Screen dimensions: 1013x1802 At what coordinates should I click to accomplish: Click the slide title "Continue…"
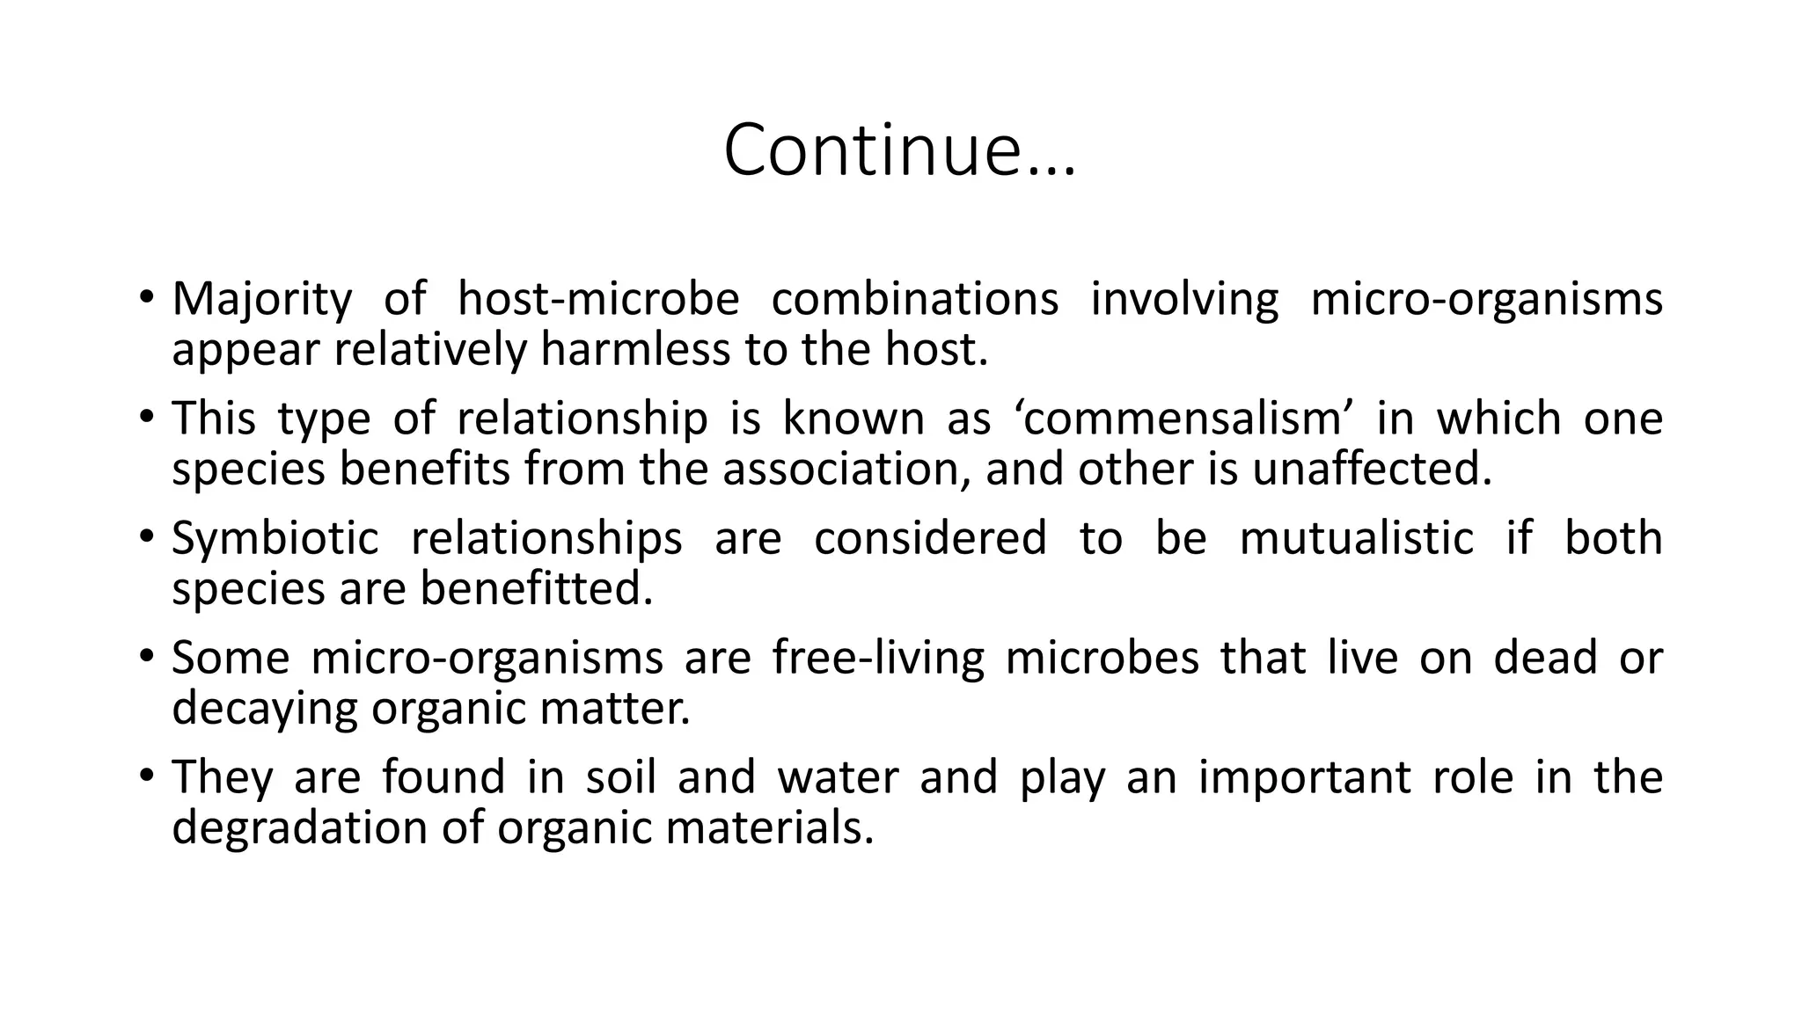[899, 150]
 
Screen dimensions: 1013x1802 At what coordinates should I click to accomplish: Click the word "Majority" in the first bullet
[261, 299]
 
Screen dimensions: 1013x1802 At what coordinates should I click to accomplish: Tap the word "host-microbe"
[598, 299]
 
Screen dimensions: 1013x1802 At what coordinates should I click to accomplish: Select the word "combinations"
[915, 299]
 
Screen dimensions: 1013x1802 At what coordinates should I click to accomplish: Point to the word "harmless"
[634, 349]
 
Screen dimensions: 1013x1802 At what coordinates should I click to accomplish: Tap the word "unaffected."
[1373, 469]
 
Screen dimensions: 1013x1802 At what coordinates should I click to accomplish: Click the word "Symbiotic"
[275, 538]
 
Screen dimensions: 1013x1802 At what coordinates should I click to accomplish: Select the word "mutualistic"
[1356, 538]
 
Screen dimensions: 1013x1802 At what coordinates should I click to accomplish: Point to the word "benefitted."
[537, 588]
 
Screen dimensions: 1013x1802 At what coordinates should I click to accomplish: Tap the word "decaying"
[265, 709]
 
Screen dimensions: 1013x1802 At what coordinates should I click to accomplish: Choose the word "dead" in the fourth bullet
[1545, 658]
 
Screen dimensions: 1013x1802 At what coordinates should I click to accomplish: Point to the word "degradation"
[300, 827]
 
